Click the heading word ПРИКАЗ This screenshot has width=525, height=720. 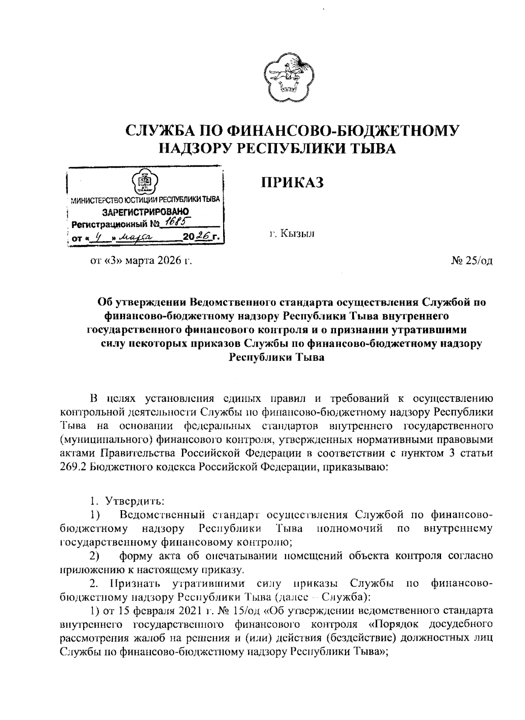pyautogui.click(x=292, y=182)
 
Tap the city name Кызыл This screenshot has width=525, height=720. pyautogui.click(x=292, y=234)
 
